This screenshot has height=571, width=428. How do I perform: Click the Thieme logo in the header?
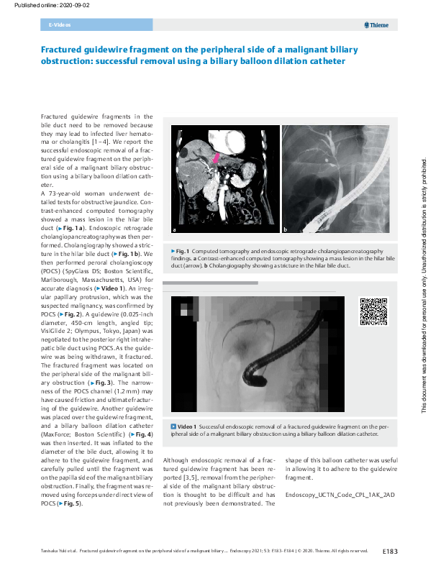point(377,25)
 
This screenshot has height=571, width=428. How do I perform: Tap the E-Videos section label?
point(59,25)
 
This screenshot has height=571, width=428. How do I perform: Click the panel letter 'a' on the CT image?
point(174,230)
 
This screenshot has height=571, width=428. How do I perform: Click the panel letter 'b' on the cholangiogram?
point(285,230)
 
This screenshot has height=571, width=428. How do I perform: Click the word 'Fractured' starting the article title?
point(63,50)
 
